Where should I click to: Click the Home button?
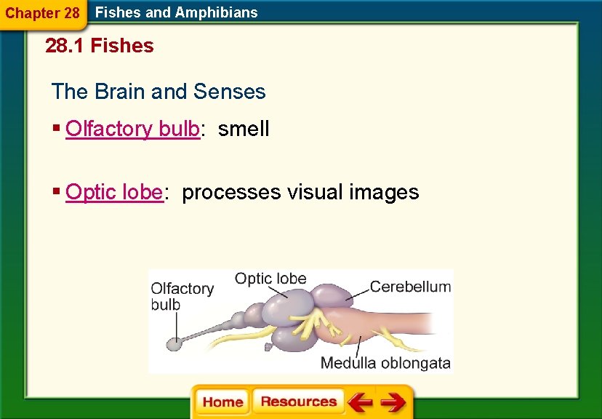(x=222, y=402)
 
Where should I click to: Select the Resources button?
(x=299, y=402)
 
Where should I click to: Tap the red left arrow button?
(x=359, y=402)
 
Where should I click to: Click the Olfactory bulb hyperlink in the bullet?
(x=132, y=129)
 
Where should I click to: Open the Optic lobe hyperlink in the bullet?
(x=113, y=193)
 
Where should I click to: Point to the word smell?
(x=244, y=129)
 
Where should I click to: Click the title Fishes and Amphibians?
(x=177, y=12)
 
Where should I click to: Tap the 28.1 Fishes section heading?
(x=100, y=46)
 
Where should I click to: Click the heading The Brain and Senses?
(x=158, y=92)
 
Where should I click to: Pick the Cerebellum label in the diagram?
(x=410, y=287)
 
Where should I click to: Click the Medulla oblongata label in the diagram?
(x=385, y=363)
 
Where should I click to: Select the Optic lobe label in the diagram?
(x=270, y=279)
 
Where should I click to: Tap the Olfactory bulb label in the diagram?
(x=182, y=296)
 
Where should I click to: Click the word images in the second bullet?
(x=384, y=193)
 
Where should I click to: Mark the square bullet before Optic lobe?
(x=56, y=191)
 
